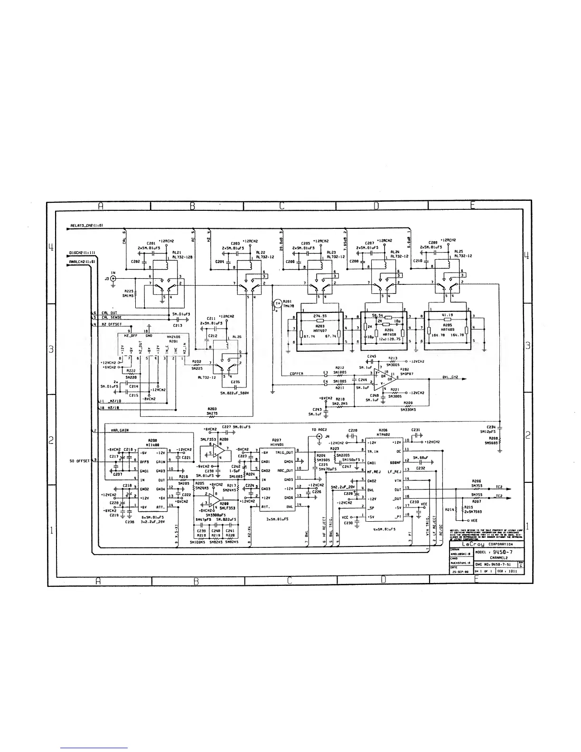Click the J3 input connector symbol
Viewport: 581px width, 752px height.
click(x=113, y=279)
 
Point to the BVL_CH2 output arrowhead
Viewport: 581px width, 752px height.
click(x=464, y=379)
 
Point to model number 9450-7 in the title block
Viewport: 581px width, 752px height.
click(x=502, y=551)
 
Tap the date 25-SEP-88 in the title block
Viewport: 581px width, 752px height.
click(x=459, y=572)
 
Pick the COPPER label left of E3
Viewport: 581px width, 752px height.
click(x=297, y=374)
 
